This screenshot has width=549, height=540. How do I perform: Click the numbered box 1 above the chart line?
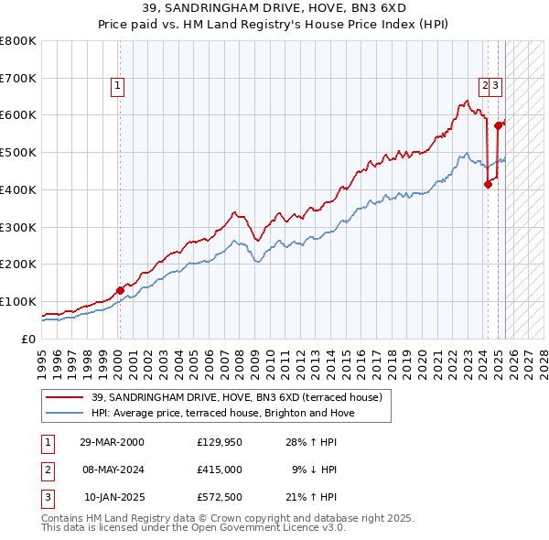pos(119,87)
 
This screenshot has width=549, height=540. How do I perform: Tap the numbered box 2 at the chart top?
pos(485,87)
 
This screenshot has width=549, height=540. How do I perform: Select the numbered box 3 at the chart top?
pos(495,87)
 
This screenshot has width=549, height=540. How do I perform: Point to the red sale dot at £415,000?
pos(488,184)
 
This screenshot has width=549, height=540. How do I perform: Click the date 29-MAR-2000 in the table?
pos(112,442)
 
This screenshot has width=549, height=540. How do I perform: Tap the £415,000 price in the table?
pos(219,470)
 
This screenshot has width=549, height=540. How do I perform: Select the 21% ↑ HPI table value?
pos(309,497)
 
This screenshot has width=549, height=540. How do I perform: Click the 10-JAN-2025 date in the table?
pos(113,497)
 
